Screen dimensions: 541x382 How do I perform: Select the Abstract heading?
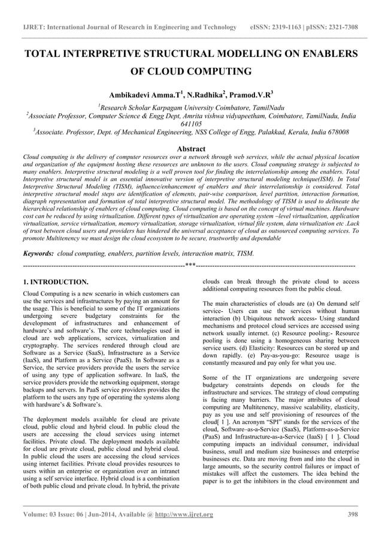[x=191, y=149]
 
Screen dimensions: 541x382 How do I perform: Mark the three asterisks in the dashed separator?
[x=190, y=265]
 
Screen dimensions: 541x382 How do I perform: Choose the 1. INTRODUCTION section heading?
[x=55, y=281]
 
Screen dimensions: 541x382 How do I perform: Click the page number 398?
[x=352, y=514]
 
